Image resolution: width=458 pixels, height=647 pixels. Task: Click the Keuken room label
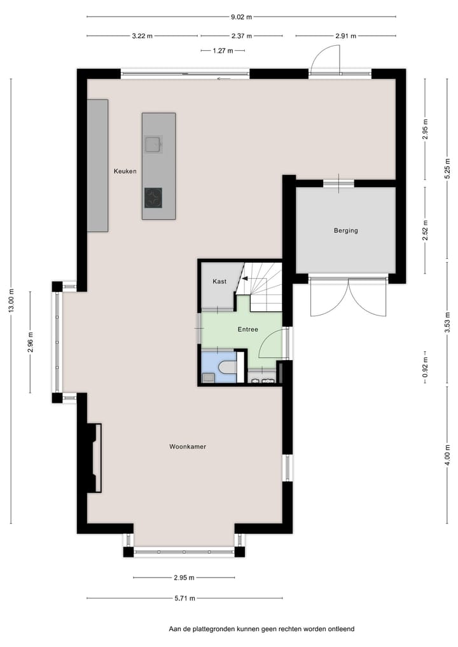coord(125,171)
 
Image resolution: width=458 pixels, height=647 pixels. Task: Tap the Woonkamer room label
coord(188,447)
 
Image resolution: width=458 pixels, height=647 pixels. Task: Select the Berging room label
coord(345,230)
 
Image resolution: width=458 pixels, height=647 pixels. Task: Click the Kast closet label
coord(219,281)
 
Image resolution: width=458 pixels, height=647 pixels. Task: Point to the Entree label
coord(248,330)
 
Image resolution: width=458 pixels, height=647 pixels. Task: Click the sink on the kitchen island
coord(153,145)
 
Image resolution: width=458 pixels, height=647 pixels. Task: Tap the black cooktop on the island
coord(153,197)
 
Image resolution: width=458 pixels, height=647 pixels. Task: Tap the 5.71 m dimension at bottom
coord(184,598)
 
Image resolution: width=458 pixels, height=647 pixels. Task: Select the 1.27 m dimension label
coord(222,50)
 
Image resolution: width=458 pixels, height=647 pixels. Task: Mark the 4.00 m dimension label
coord(447,456)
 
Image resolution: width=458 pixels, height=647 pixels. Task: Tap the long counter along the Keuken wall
coord(97,165)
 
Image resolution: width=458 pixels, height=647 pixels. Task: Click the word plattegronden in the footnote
coord(218,629)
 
